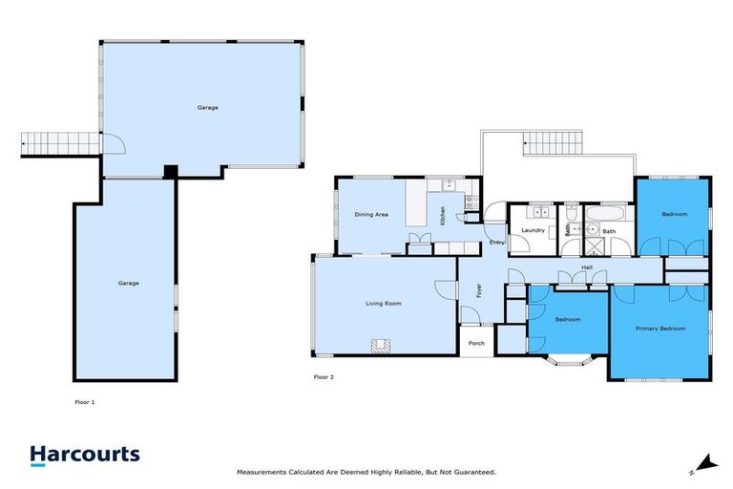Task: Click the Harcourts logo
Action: [x=85, y=455]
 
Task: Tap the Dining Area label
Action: [x=370, y=215]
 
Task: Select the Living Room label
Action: [x=383, y=304]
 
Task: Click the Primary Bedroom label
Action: [x=660, y=329]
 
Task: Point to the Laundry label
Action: [x=533, y=230]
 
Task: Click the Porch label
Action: [x=476, y=343]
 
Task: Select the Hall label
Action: [x=587, y=267]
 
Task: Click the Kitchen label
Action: [x=443, y=216]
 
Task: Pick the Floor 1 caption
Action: [x=84, y=402]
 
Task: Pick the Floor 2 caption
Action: [x=324, y=377]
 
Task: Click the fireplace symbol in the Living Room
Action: [x=381, y=347]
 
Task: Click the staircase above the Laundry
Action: [x=553, y=145]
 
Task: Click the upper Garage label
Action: [x=207, y=107]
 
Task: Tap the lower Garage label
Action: [x=129, y=283]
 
